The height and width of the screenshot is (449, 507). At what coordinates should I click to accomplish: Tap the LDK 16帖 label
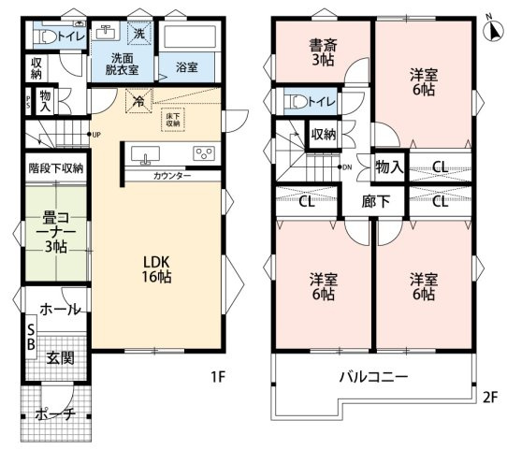click(x=155, y=268)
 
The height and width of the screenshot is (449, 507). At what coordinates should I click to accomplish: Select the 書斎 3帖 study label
click(x=323, y=51)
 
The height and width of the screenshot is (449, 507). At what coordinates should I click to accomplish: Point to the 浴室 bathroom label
click(x=187, y=67)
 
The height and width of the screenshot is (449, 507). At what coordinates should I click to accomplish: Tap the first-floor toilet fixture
click(x=44, y=36)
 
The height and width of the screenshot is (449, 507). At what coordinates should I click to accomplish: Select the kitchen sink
click(x=150, y=153)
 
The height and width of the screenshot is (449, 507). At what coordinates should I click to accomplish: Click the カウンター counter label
click(x=171, y=176)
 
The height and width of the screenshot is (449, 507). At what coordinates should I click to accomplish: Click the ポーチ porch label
click(x=56, y=413)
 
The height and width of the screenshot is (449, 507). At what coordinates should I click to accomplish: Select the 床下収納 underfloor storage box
click(x=174, y=118)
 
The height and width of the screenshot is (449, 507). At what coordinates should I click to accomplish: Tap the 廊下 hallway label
click(x=363, y=201)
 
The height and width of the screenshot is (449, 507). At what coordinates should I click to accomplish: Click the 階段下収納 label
click(x=56, y=169)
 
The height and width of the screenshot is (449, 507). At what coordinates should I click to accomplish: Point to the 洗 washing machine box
click(x=138, y=34)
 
